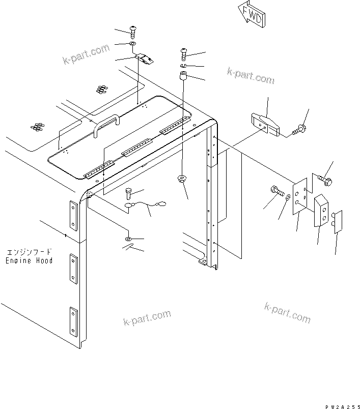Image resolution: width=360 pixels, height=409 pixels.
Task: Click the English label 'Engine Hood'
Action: [30, 260]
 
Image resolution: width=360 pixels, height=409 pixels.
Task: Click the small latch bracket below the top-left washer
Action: [146, 60]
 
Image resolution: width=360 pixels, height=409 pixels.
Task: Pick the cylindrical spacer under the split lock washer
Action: [183, 79]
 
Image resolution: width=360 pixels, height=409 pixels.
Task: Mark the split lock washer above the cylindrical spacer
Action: [184, 66]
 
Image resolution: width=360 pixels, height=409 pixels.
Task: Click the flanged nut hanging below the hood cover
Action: [181, 179]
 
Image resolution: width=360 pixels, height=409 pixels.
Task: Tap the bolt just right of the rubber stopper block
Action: [299, 129]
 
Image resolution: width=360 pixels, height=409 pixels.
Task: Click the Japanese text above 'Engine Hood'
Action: [30, 252]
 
